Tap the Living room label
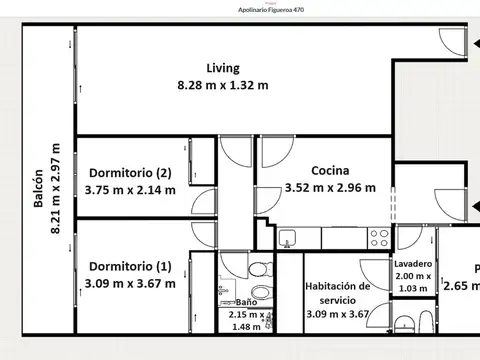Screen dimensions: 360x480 pyautogui.click(x=222, y=68)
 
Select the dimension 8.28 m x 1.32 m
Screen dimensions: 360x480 pyautogui.click(x=222, y=85)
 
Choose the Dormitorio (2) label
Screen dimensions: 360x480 pyautogui.click(x=130, y=172)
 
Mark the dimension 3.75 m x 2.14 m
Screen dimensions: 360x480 pyautogui.click(x=130, y=189)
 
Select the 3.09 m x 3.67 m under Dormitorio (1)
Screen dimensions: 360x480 pyautogui.click(x=130, y=283)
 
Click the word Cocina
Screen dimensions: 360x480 pyautogui.click(x=329, y=170)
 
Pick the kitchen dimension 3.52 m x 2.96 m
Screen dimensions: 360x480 pyautogui.click(x=329, y=187)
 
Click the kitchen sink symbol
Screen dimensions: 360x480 pyautogui.click(x=287, y=238)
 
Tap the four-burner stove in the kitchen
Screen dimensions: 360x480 pyautogui.click(x=380, y=238)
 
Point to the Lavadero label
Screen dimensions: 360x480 pyautogui.click(x=412, y=264)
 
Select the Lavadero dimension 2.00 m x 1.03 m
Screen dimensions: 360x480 pyautogui.click(x=412, y=282)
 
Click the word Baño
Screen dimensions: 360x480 pyautogui.click(x=245, y=303)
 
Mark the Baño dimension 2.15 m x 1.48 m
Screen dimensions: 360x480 pyautogui.click(x=245, y=320)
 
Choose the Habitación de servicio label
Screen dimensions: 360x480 pyautogui.click(x=337, y=292)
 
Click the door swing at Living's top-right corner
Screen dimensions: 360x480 pyautogui.click(x=451, y=40)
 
